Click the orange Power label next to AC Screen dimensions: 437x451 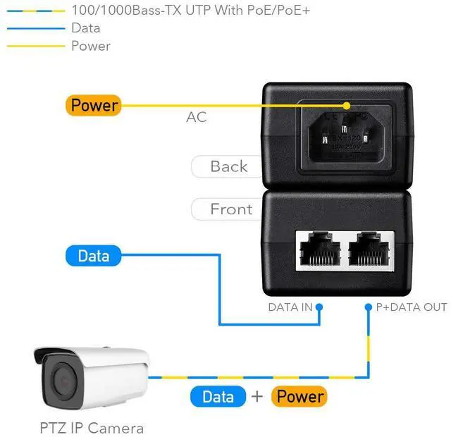93,106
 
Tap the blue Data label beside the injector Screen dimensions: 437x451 93,255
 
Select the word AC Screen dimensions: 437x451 197,117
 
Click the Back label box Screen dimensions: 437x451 228,167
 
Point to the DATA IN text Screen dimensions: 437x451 290,307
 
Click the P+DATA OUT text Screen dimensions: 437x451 410,307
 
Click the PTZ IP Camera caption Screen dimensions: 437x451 91,428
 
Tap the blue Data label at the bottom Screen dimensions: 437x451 218,396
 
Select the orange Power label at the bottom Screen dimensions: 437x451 299,396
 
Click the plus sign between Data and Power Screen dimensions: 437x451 257,396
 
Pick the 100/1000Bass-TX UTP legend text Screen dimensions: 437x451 190,11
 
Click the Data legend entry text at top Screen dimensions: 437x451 86,28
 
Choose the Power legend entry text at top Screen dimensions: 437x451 91,46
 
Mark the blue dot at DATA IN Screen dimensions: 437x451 319,307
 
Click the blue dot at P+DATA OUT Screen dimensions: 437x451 368,307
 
